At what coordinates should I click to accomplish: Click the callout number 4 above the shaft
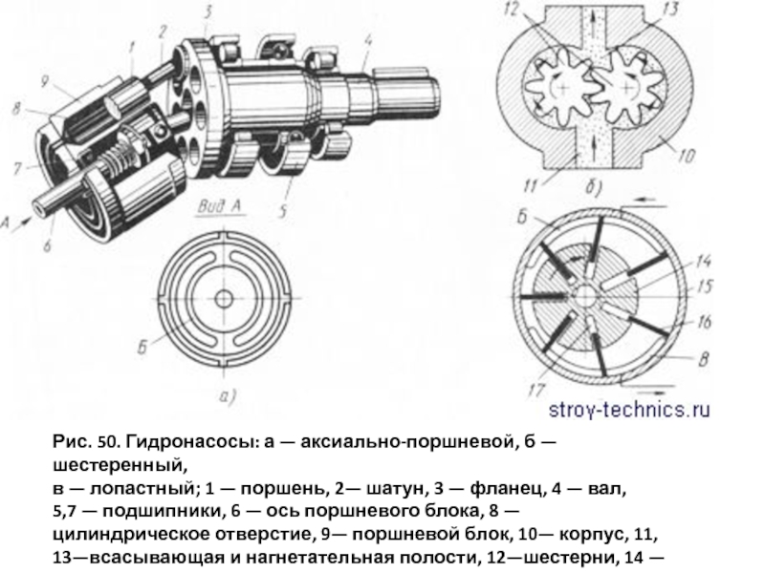[368, 39]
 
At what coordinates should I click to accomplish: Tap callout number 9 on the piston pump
[44, 81]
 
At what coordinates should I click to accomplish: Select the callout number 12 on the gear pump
[511, 10]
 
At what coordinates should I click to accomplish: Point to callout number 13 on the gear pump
[671, 9]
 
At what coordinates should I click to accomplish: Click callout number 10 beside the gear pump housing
[686, 156]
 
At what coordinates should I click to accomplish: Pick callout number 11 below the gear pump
[531, 185]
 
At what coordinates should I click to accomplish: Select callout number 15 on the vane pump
[705, 286]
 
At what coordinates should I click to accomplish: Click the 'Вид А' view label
[220, 206]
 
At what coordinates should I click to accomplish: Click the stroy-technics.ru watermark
[629, 410]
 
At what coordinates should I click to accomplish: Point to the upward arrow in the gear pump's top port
[593, 20]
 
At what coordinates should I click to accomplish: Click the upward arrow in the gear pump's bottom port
[593, 145]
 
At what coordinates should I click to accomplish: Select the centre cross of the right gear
[627, 88]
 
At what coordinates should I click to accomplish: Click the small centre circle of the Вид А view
[224, 299]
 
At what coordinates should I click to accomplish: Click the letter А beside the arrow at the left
[5, 223]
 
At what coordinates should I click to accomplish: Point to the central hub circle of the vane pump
[584, 295]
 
